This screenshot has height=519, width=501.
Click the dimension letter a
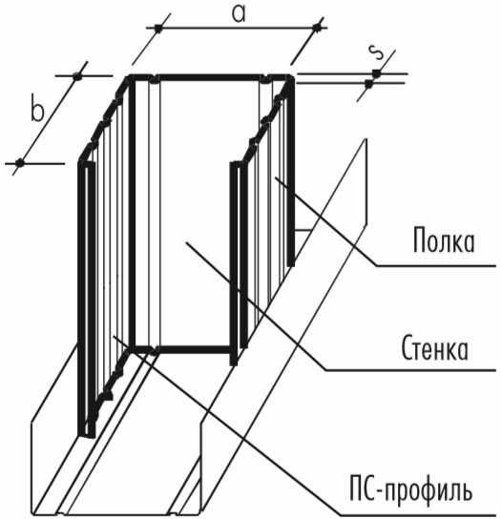[239, 14]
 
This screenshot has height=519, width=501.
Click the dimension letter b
[37, 108]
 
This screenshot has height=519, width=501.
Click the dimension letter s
[376, 52]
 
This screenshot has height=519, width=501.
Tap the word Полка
[444, 240]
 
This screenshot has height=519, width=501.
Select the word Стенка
[435, 348]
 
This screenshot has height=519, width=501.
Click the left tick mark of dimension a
[158, 29]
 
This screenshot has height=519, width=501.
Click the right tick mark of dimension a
[318, 29]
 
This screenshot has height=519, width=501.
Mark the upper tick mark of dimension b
[77, 76]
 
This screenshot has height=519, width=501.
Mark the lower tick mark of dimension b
[20, 163]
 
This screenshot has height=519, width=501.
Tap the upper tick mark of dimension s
[376, 73]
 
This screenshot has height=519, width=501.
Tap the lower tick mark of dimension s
[368, 83]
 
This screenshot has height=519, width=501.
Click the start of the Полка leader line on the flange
[276, 178]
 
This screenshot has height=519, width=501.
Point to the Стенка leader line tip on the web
[187, 242]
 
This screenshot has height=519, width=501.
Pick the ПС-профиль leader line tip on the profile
[114, 336]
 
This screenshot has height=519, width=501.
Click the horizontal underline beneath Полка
[436, 265]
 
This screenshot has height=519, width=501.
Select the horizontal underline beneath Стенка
[410, 370]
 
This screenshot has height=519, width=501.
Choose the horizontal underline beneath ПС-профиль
[418, 515]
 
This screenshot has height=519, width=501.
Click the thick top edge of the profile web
[209, 78]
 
